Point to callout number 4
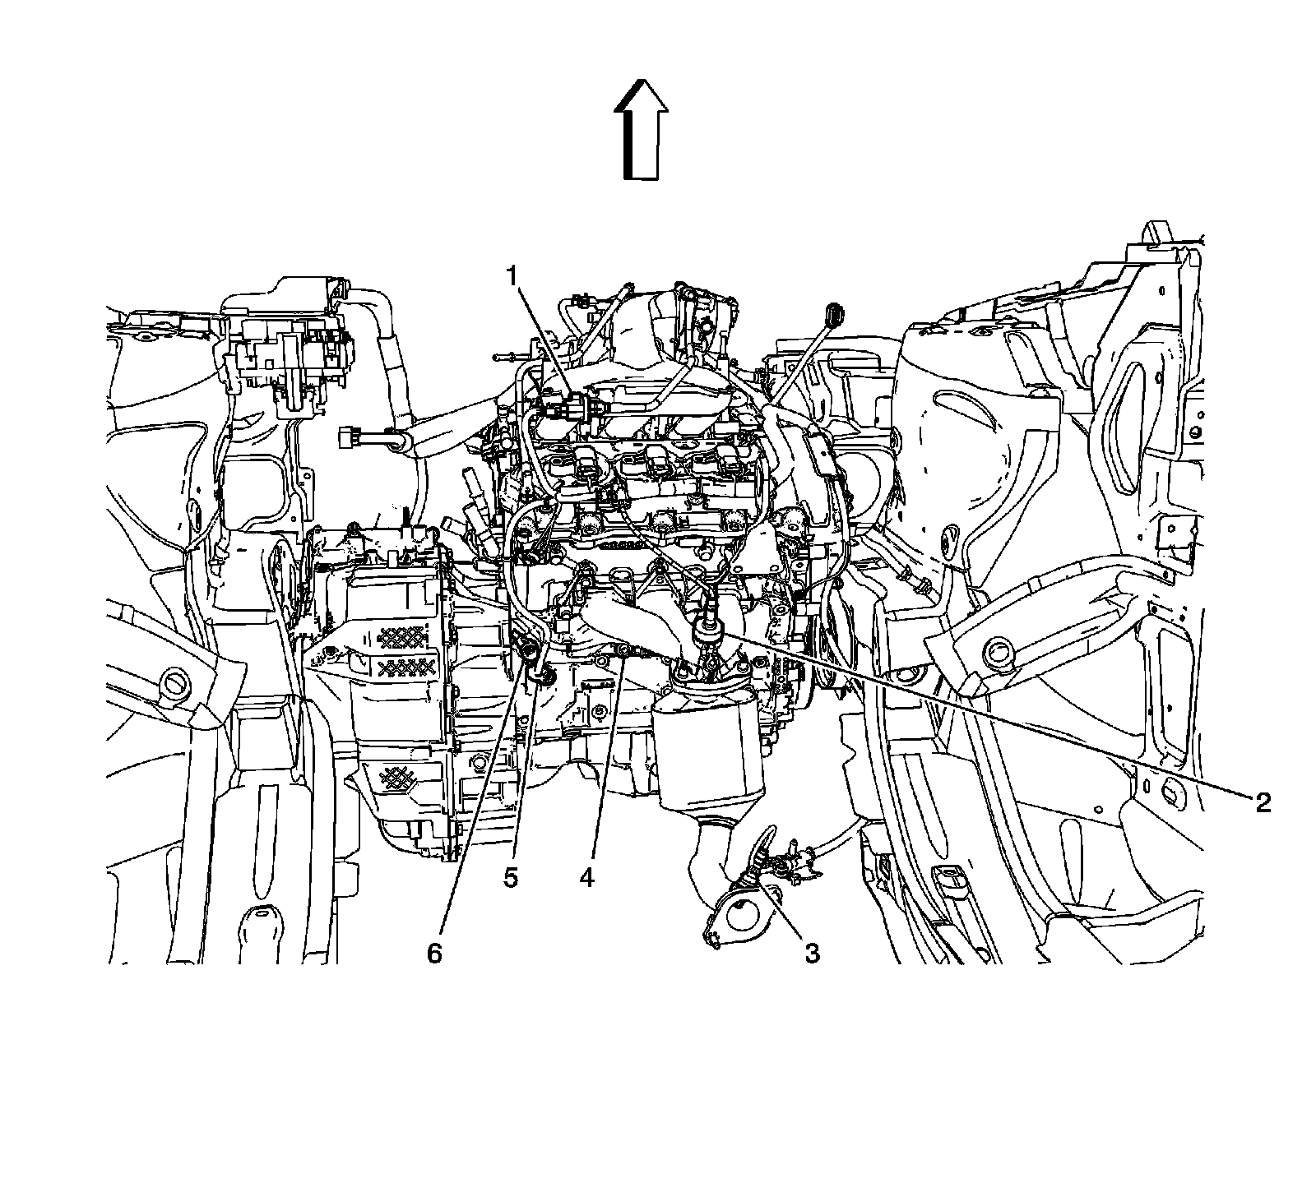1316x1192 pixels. (586, 877)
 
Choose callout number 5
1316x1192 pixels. (511, 877)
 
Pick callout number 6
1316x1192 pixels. (433, 953)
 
